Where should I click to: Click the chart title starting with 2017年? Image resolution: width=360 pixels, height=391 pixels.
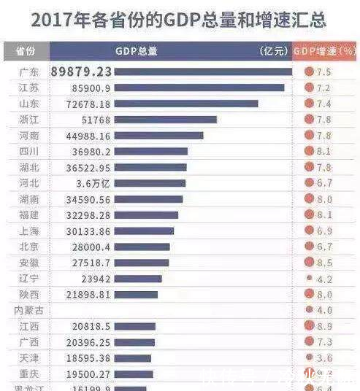179,19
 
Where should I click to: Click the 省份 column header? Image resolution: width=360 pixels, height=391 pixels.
26,52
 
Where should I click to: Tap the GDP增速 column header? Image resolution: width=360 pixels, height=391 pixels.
325,52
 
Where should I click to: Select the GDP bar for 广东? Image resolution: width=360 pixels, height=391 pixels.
203,71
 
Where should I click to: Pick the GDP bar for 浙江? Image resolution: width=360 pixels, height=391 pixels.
166,120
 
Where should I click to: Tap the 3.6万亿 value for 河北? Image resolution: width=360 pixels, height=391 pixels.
91,183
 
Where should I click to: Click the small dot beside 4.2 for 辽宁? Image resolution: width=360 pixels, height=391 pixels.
309,279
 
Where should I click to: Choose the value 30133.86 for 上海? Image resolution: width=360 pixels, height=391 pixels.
84,231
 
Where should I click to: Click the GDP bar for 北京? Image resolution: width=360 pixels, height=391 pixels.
142,247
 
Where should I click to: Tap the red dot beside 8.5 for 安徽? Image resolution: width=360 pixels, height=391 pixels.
309,263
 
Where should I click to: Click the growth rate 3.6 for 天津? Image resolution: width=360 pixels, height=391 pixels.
325,358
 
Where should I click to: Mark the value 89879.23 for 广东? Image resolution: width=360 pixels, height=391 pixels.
81,71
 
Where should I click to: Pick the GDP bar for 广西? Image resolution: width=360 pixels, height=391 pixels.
134,342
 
